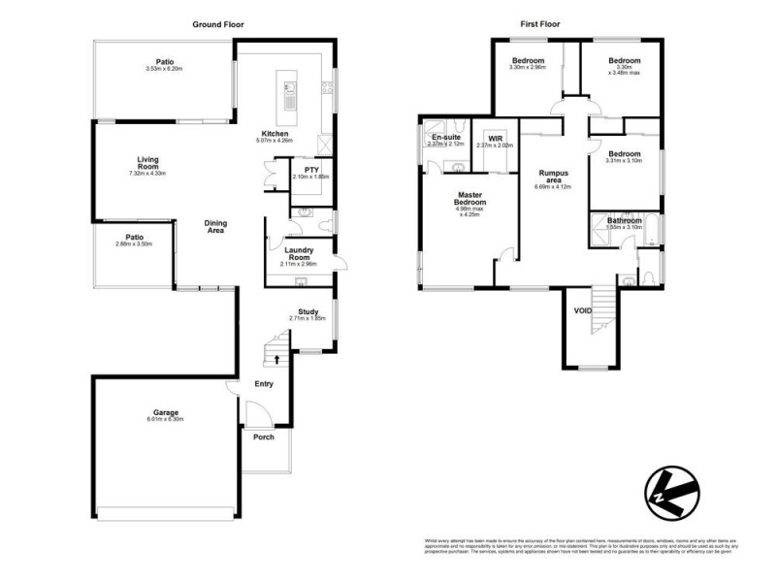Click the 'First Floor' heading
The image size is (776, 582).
click(x=539, y=23)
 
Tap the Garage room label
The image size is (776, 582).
click(x=164, y=412)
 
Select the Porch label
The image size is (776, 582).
click(x=262, y=436)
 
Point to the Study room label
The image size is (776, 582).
click(x=308, y=311)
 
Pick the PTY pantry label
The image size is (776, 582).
click(x=311, y=170)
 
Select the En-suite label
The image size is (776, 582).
click(x=446, y=138)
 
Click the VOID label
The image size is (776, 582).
click(x=582, y=310)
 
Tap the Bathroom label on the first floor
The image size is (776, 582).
click(x=624, y=220)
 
